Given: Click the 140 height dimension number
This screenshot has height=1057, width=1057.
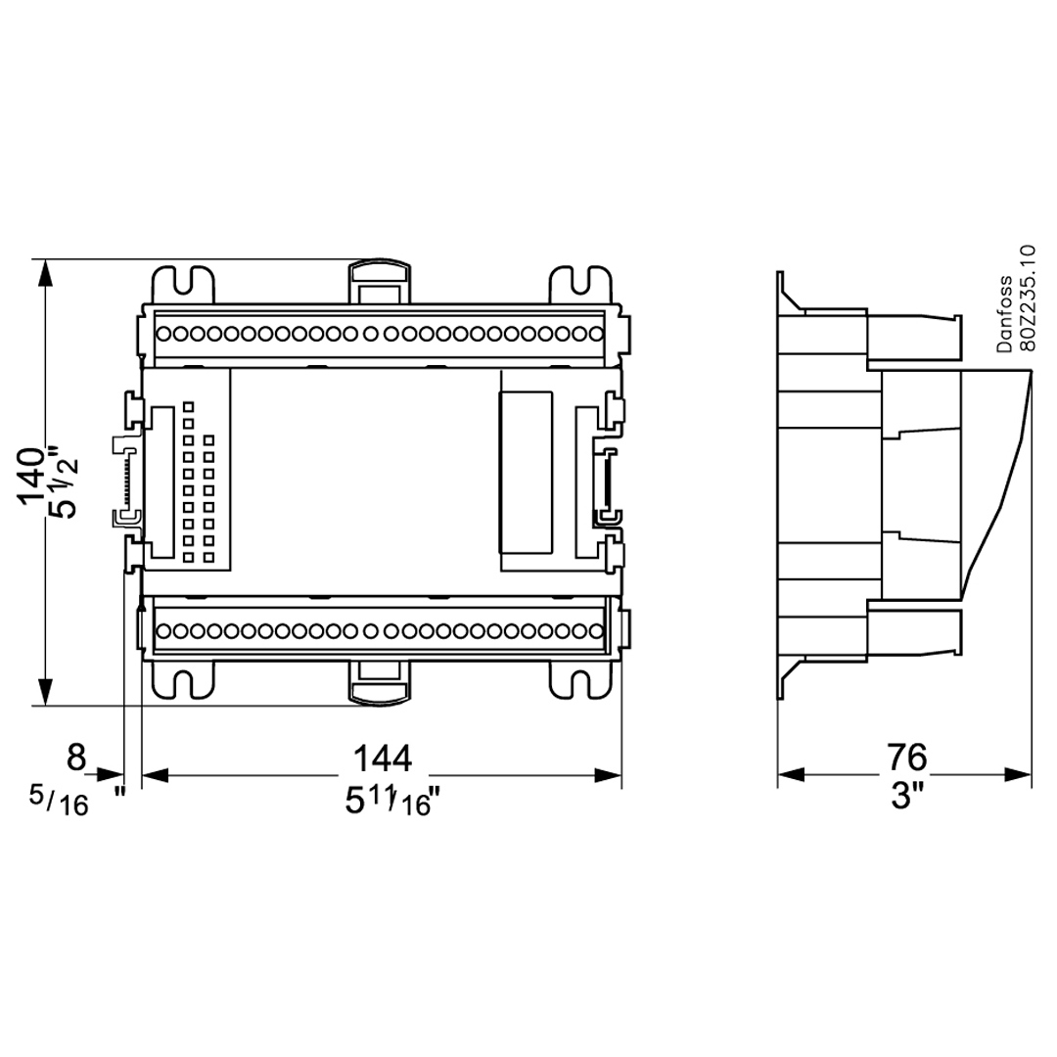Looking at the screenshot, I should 32,477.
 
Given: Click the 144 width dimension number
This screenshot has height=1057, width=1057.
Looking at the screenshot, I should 382,758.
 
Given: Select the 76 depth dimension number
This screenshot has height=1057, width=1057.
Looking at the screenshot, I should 906,757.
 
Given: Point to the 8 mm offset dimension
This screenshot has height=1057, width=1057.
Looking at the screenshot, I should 77,758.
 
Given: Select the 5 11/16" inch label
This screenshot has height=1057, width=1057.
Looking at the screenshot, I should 390,802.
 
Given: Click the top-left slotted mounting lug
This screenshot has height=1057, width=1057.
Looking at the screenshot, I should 183,285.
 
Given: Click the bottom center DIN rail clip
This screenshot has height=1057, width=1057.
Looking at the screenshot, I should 378,681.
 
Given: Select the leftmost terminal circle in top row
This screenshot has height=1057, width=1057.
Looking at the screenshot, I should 165,334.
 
